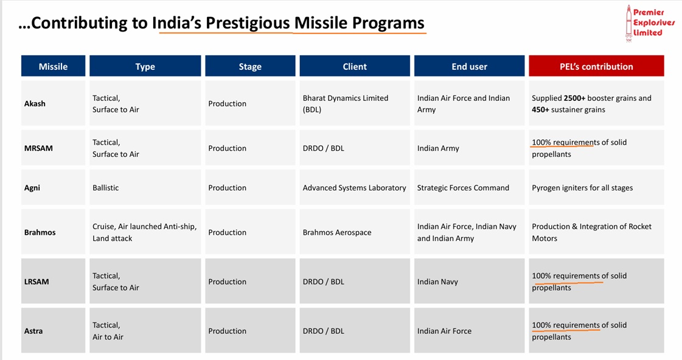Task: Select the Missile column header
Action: pos(53,66)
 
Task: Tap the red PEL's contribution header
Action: pos(596,66)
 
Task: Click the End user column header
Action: pos(469,66)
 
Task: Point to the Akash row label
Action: pos(35,103)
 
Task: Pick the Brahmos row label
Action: pos(40,232)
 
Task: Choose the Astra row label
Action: pos(33,331)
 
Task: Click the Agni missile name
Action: pos(32,188)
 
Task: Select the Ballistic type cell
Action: pos(105,188)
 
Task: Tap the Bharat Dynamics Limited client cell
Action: pos(345,103)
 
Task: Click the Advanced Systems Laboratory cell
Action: pos(354,188)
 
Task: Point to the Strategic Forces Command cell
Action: pos(463,188)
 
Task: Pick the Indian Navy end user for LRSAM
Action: pos(437,282)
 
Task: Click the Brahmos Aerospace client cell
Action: pos(336,232)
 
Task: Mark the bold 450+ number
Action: pos(544,110)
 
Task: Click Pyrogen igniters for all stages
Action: pos(582,188)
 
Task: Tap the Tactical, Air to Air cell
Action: pos(108,331)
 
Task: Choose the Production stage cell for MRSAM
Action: pos(227,148)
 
